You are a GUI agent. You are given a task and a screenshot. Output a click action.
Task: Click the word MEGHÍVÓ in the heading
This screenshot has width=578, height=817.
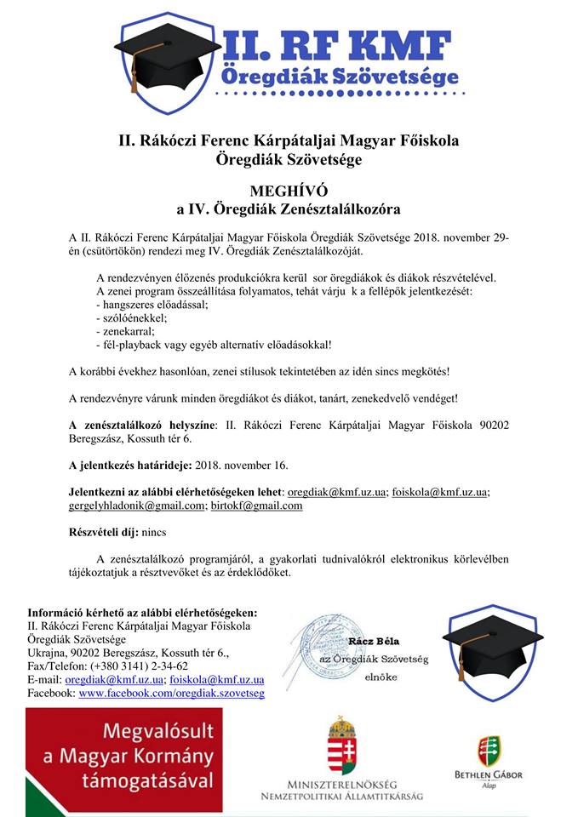pyautogui.click(x=289, y=190)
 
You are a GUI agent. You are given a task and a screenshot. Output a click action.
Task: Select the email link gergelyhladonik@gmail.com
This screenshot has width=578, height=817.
pyautogui.click(x=136, y=505)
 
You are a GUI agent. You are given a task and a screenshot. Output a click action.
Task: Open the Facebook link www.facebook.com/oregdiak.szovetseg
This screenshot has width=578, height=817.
pyautogui.click(x=171, y=694)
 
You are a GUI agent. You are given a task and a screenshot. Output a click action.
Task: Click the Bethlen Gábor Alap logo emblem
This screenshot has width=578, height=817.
pyautogui.click(x=489, y=750)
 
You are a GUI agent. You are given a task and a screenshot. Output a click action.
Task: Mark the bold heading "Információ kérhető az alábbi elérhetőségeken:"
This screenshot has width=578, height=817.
pyautogui.click(x=141, y=612)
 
